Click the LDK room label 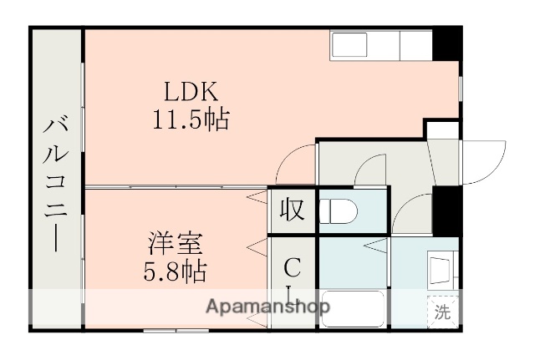pyautogui.click(x=190, y=90)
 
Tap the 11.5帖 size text pyautogui.click(x=191, y=119)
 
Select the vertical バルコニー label pyautogui.click(x=56, y=183)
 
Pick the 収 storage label pyautogui.click(x=291, y=209)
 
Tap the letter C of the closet pyautogui.click(x=291, y=267)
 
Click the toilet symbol pyautogui.click(x=339, y=210)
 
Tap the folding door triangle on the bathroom pyautogui.click(x=375, y=245)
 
